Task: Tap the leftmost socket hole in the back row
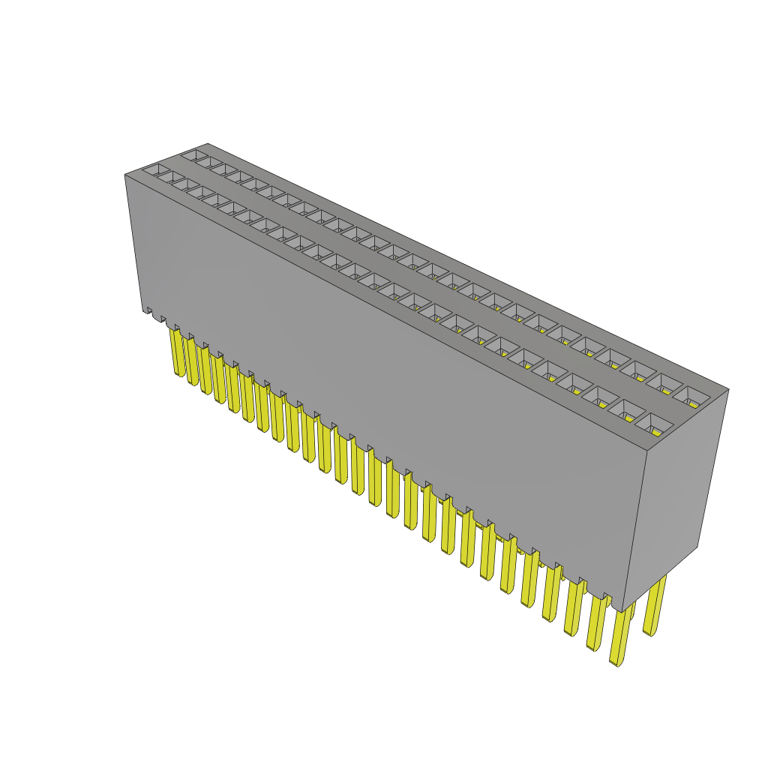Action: click(x=193, y=155)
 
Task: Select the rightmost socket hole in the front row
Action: click(x=654, y=424)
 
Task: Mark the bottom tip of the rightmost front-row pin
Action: click(x=617, y=664)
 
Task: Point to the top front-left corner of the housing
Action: click(x=124, y=175)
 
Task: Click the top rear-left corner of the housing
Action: click(x=207, y=143)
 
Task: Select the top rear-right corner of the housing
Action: click(x=728, y=389)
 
